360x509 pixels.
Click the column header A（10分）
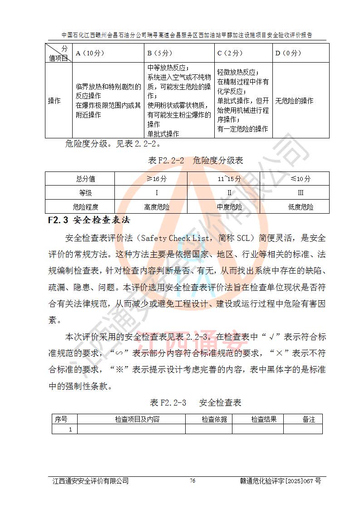tap(90, 53)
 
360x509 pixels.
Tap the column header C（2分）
tap(230, 53)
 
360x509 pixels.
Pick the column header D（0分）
tap(288, 53)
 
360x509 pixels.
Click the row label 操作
tap(54, 101)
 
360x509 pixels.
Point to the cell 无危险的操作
tap(294, 101)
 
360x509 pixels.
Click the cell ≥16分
tap(157, 179)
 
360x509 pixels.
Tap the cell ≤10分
tap(301, 179)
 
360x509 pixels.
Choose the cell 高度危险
tap(157, 207)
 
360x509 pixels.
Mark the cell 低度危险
tap(301, 207)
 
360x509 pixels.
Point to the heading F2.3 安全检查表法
tap(89, 221)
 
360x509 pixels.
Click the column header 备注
tap(309, 420)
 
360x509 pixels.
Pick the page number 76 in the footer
tap(192, 481)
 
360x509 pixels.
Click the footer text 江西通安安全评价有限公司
tap(91, 481)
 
